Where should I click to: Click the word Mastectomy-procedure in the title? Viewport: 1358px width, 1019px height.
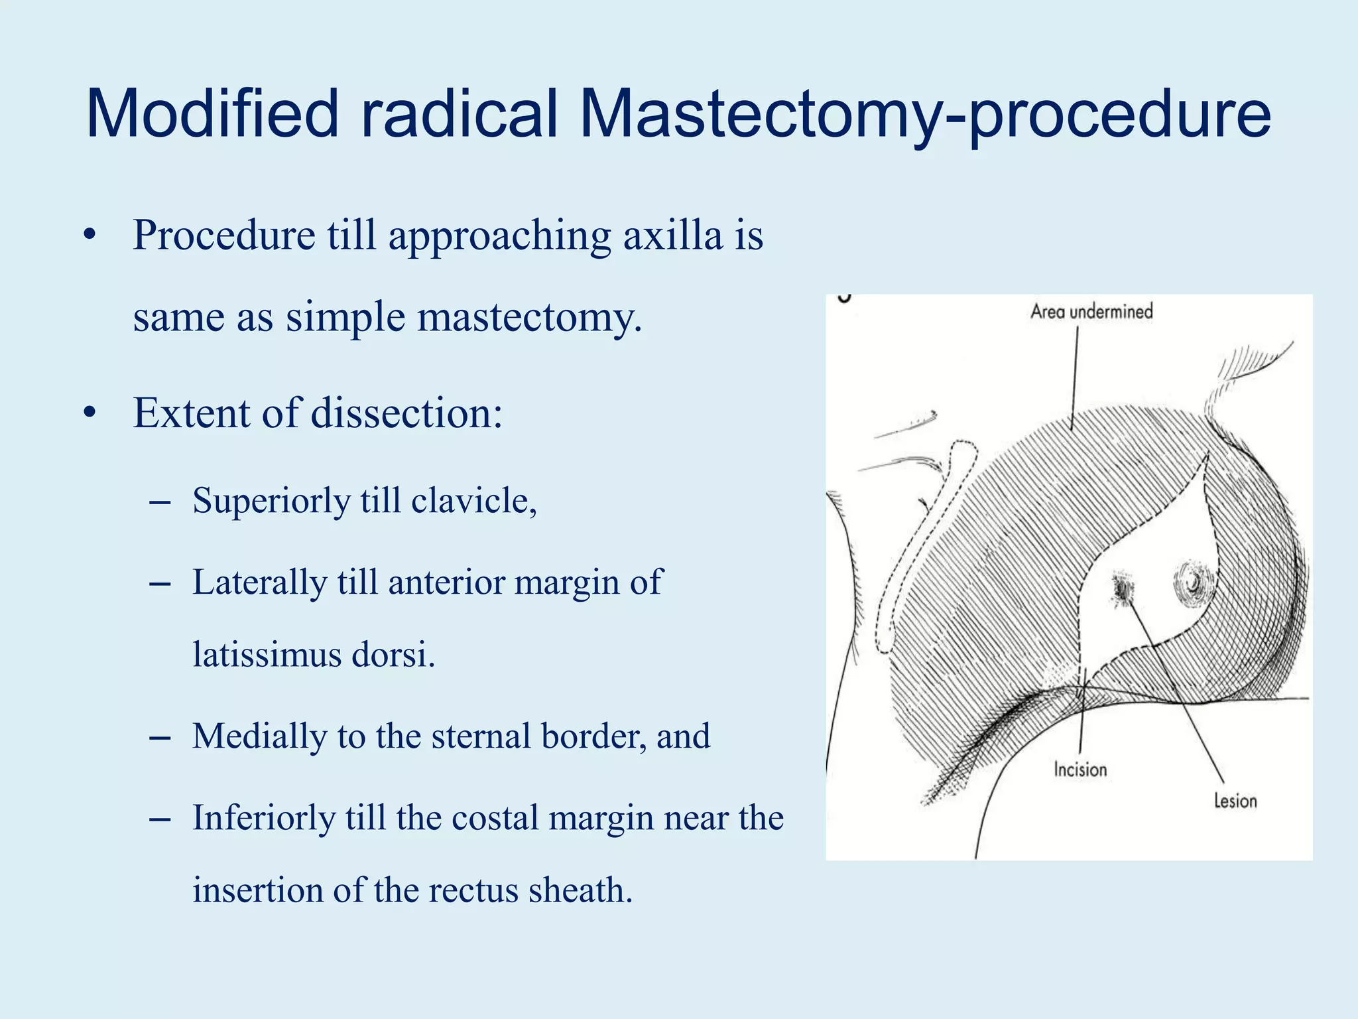click(925, 114)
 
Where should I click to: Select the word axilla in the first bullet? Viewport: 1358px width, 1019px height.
click(672, 236)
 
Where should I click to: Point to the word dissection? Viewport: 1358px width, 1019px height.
click(405, 414)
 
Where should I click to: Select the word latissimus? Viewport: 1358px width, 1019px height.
click(267, 655)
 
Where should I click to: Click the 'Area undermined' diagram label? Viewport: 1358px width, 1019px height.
click(1091, 312)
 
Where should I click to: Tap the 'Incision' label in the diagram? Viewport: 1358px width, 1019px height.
click(1080, 770)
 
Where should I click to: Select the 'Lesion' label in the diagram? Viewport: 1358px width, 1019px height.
click(1235, 801)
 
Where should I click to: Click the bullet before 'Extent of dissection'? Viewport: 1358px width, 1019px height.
click(90, 414)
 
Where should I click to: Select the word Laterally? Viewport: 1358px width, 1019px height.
click(259, 583)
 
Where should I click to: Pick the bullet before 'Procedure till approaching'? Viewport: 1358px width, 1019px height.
click(90, 236)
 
